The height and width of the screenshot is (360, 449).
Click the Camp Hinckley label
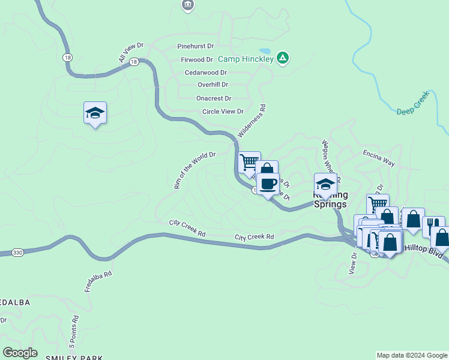pyautogui.click(x=246, y=59)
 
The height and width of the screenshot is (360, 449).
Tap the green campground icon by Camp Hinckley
pyautogui.click(x=283, y=58)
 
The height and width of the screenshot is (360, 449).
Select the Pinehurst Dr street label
pyautogui.click(x=196, y=46)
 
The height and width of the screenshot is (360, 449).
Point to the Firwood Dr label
pyautogui.click(x=197, y=60)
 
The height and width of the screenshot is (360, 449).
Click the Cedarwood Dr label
pyautogui.click(x=205, y=72)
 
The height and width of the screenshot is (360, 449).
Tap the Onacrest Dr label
pyautogui.click(x=214, y=98)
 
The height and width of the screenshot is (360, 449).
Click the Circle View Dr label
pyautogui.click(x=223, y=112)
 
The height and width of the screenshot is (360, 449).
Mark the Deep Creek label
pyautogui.click(x=413, y=103)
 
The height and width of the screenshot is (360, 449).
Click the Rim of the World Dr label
pyautogui.click(x=194, y=170)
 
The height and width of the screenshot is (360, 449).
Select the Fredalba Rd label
pyautogui.click(x=98, y=282)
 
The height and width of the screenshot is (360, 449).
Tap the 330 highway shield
pyautogui.click(x=17, y=253)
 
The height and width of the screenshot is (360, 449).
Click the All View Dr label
pyautogui.click(x=131, y=52)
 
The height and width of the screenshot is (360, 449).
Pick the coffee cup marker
pyautogui.click(x=268, y=184)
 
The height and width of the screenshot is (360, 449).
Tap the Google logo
pyautogui.click(x=20, y=353)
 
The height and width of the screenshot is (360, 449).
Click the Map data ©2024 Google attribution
pyautogui.click(x=411, y=355)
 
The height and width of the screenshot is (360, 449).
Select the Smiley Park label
pyautogui.click(x=74, y=357)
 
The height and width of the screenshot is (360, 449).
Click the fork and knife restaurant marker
pyautogui.click(x=432, y=226)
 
